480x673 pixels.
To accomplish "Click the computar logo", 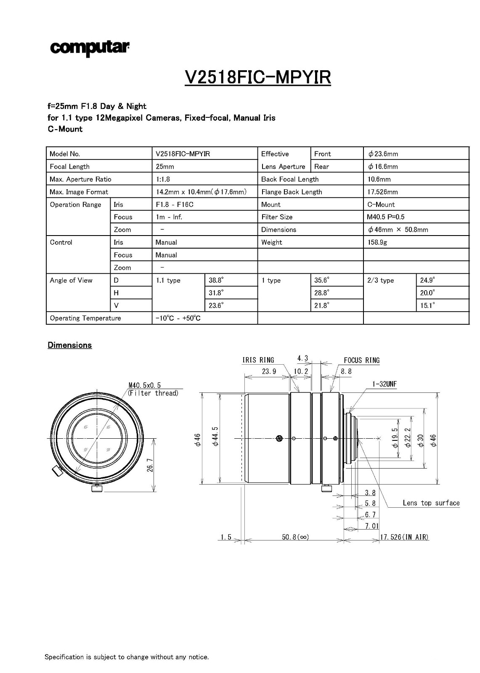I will [90, 48].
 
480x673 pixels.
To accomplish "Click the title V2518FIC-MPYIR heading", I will [257, 77].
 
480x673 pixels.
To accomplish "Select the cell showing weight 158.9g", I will [377, 242].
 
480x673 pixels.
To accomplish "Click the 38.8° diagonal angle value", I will [216, 280].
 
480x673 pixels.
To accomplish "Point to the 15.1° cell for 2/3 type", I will [427, 305].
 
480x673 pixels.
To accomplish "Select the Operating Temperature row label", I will [85, 318].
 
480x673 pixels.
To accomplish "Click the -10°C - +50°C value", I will [178, 318].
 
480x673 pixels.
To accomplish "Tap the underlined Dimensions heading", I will [70, 345].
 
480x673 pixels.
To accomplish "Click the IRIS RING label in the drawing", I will [258, 360].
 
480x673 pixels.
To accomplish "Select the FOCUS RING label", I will [361, 360].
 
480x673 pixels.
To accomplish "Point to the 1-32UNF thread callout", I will [384, 384].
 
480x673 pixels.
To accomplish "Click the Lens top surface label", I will [431, 503].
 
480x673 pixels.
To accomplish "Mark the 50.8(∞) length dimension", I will [295, 537].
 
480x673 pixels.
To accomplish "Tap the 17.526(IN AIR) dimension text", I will [404, 537].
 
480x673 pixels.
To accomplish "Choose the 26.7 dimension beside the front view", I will [150, 465].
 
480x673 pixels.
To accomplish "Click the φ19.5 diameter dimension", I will [395, 438].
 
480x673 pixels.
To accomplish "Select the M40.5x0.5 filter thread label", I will [145, 385].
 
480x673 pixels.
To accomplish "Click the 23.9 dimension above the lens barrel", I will [269, 371].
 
